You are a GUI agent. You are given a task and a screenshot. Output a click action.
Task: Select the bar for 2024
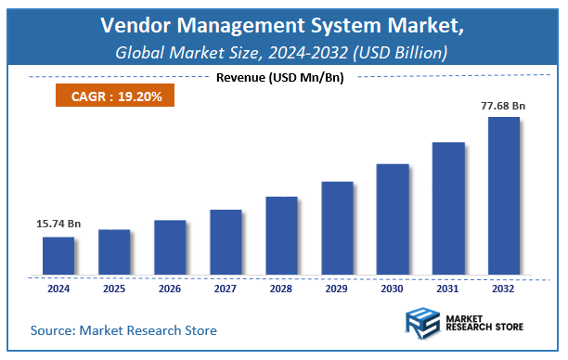(58, 256)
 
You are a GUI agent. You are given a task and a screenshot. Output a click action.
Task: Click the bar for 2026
(169, 248)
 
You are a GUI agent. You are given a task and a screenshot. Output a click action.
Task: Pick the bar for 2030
(392, 220)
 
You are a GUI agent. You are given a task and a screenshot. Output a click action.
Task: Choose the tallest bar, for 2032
(503, 196)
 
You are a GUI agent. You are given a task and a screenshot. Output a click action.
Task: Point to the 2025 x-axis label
(113, 288)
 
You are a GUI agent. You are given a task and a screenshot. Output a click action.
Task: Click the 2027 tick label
(225, 288)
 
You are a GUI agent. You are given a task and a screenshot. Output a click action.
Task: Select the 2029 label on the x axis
(336, 288)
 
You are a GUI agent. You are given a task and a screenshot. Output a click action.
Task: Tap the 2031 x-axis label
(447, 288)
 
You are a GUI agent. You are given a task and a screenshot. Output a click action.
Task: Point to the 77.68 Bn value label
(502, 106)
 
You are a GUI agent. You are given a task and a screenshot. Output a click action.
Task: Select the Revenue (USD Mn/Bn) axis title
(279, 77)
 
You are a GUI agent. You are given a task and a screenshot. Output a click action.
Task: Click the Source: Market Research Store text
(123, 330)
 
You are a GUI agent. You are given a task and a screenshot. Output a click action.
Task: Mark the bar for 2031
(447, 209)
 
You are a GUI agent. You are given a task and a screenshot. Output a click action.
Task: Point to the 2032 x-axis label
(503, 288)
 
